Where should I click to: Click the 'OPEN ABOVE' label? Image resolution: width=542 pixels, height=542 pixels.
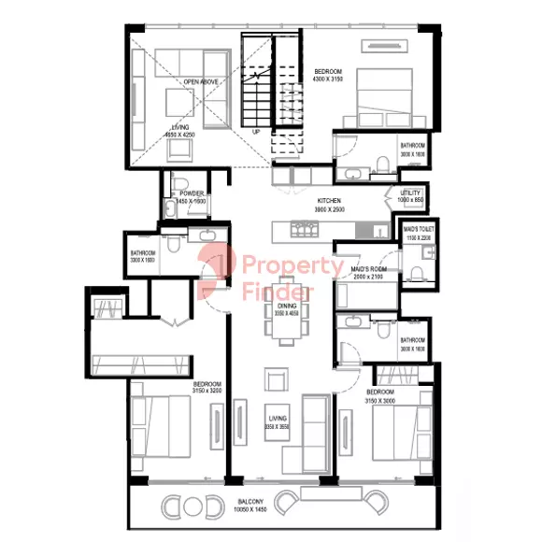click(x=201, y=82)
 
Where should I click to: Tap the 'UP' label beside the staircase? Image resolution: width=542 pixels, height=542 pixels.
click(x=256, y=133)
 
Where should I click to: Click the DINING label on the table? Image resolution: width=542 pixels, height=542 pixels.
click(x=286, y=306)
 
